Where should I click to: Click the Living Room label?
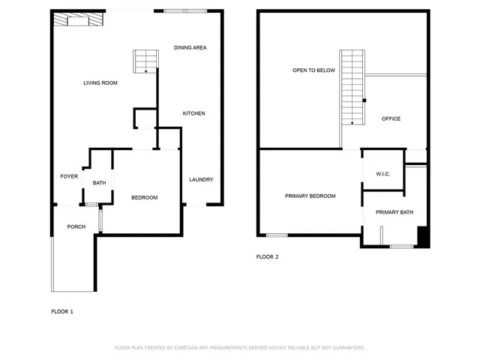(x=100, y=82)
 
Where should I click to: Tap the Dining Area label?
(x=190, y=48)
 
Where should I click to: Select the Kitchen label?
(x=193, y=113)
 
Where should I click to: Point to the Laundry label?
(x=201, y=179)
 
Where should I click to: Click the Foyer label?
(x=69, y=176)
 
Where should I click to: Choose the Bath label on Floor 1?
(x=100, y=183)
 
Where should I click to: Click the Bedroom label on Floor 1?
(x=144, y=197)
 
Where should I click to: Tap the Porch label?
(x=76, y=226)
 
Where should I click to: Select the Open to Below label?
(x=313, y=70)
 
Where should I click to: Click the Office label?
(x=391, y=118)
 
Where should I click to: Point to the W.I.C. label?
(x=382, y=174)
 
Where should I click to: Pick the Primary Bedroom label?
(x=310, y=196)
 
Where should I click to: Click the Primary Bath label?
(x=394, y=212)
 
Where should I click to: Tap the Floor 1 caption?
(x=62, y=311)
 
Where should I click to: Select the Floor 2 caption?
(x=268, y=256)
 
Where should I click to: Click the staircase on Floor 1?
(x=145, y=61)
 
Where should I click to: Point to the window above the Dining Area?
(x=176, y=10)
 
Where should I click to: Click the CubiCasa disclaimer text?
(x=239, y=347)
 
